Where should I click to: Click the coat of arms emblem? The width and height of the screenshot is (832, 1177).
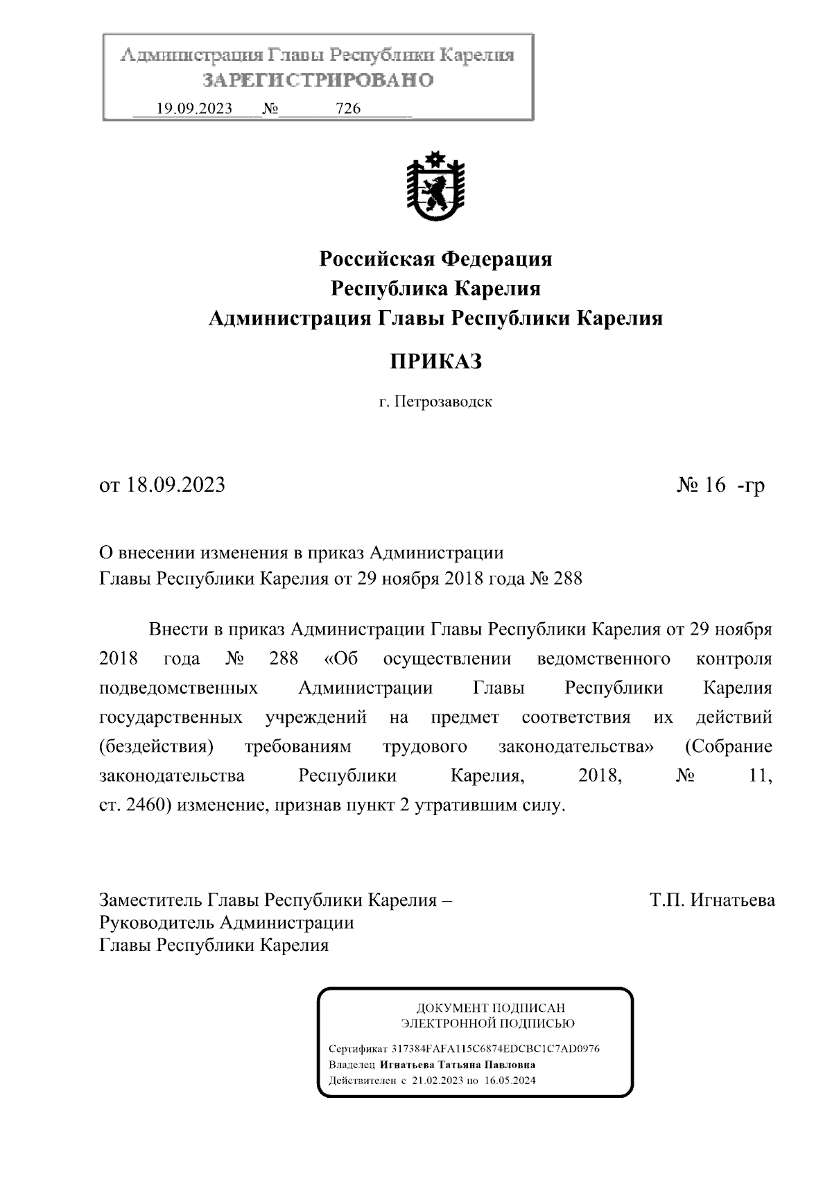(x=435, y=185)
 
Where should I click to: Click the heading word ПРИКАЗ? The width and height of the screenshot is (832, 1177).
(x=435, y=361)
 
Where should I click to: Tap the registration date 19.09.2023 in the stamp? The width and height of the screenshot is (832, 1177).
(x=194, y=108)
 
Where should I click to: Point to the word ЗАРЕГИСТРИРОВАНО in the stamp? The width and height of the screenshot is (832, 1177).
(x=318, y=80)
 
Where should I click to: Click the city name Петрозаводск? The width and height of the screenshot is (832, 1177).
(x=444, y=402)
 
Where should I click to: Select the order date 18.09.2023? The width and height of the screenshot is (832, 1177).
(x=176, y=485)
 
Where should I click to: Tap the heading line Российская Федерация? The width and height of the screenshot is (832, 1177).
(x=435, y=259)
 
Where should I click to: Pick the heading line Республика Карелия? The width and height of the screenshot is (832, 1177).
(x=435, y=289)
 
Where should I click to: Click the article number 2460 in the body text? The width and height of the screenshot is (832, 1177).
(x=146, y=806)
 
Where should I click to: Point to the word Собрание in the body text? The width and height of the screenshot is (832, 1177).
(x=728, y=747)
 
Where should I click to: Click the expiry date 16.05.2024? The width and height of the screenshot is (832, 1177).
(x=510, y=1081)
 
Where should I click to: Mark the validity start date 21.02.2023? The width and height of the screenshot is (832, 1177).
(x=436, y=1081)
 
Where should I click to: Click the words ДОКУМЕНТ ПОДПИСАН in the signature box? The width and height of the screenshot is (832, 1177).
(x=490, y=1008)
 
